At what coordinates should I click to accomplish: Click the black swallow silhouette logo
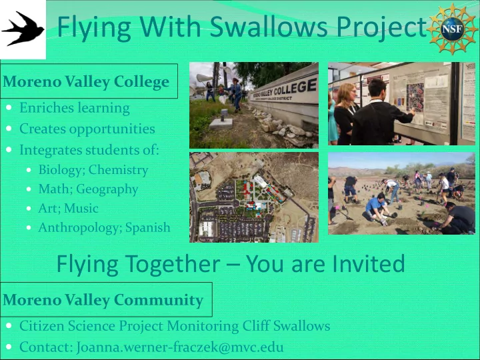coord(23,29)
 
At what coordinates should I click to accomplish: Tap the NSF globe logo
coord(453,29)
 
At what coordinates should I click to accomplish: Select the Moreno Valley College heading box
coord(89,81)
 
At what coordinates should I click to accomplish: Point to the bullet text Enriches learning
coord(75,108)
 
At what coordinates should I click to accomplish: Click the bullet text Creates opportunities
coord(87,129)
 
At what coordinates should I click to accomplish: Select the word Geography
coord(107,189)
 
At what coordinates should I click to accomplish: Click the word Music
coord(81,208)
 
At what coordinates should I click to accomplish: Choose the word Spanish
coord(148,228)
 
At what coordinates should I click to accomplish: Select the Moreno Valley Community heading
coord(103,300)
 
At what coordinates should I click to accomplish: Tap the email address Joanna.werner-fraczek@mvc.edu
coord(180,347)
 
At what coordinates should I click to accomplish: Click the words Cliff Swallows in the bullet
coord(286,326)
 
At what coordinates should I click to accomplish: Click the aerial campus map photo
coord(254,197)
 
